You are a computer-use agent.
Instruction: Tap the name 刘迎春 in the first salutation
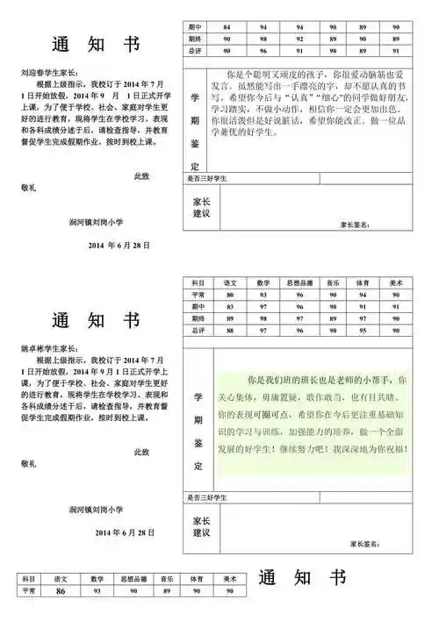(34, 73)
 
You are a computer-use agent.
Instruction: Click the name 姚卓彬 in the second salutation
(34, 349)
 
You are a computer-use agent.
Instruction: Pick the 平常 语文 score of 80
(231, 296)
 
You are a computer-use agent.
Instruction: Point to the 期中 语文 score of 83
(231, 307)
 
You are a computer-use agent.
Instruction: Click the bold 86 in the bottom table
(61, 592)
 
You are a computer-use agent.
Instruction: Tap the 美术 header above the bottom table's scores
(229, 580)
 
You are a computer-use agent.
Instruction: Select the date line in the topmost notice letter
(120, 245)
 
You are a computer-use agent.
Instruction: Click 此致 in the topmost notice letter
(140, 176)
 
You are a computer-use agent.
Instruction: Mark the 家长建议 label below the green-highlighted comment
(201, 527)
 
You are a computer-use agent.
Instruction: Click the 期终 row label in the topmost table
(195, 40)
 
